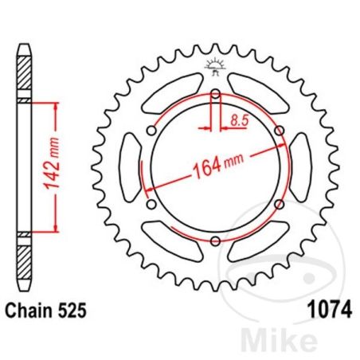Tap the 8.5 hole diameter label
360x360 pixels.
(x=240, y=120)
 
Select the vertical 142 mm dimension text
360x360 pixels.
(x=52, y=164)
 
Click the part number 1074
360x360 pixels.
(x=330, y=310)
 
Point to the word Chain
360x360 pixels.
(x=29, y=310)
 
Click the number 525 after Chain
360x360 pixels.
(x=72, y=310)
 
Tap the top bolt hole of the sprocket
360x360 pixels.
(x=216, y=94)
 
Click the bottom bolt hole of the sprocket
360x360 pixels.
(x=215, y=241)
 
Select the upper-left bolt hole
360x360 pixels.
(x=152, y=131)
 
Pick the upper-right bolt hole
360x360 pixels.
(x=280, y=131)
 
